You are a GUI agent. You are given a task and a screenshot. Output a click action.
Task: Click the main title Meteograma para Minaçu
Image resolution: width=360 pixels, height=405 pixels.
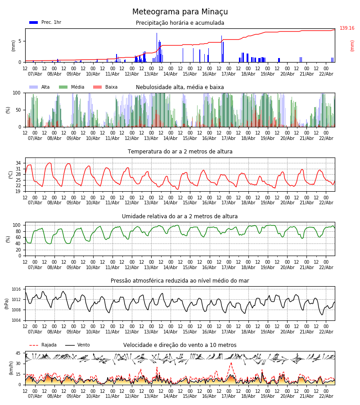(x=180, y=12)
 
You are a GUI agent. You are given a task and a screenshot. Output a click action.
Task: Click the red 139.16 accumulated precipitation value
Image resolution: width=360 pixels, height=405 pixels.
(x=347, y=28)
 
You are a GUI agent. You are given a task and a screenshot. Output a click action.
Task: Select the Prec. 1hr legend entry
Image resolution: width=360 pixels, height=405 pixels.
(x=45, y=22)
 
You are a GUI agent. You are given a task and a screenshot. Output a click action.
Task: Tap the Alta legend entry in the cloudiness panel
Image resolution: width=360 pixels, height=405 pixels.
(x=40, y=87)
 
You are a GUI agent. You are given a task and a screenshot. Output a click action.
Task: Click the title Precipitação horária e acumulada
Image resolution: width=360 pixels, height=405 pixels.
(x=180, y=23)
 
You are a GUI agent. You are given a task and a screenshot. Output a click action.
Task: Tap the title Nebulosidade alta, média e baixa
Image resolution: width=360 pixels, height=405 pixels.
(x=180, y=87)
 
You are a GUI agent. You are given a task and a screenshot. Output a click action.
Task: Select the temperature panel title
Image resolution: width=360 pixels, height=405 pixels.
(x=180, y=152)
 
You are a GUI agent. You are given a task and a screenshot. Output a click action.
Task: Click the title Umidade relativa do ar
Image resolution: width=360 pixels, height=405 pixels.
(x=180, y=216)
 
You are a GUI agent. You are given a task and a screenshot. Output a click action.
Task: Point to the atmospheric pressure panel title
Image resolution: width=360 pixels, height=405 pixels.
(x=180, y=281)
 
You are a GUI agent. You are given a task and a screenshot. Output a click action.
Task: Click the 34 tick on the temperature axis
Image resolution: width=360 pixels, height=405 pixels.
(x=18, y=163)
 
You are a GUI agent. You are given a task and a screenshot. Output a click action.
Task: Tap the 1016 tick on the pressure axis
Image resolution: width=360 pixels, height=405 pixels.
(x=17, y=289)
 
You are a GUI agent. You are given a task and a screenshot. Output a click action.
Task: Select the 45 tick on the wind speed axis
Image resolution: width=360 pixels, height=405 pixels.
(x=18, y=353)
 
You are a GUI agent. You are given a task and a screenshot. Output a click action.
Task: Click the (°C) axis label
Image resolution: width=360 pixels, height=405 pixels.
(x=11, y=175)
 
